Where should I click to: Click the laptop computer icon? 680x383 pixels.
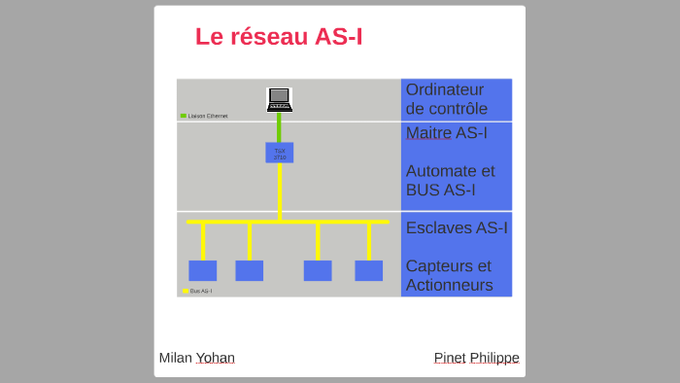click(x=280, y=99)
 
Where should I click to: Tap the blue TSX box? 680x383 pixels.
click(x=280, y=153)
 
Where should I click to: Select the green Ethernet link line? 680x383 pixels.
click(x=280, y=127)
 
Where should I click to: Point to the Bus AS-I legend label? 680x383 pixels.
click(x=200, y=291)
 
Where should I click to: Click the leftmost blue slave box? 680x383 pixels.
click(x=202, y=270)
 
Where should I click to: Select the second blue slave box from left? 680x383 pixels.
click(x=249, y=270)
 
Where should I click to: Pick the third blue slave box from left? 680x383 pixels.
click(x=318, y=270)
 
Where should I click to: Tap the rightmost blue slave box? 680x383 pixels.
click(x=368, y=270)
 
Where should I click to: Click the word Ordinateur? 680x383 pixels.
click(x=444, y=89)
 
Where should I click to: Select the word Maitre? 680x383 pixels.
click(x=428, y=132)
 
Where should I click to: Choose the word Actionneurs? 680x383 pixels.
click(x=449, y=285)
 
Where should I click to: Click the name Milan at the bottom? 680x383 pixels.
click(x=175, y=358)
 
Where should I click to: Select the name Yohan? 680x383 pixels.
click(x=215, y=358)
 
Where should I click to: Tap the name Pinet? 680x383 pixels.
click(x=450, y=358)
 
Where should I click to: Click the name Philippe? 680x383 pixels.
click(x=494, y=358)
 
